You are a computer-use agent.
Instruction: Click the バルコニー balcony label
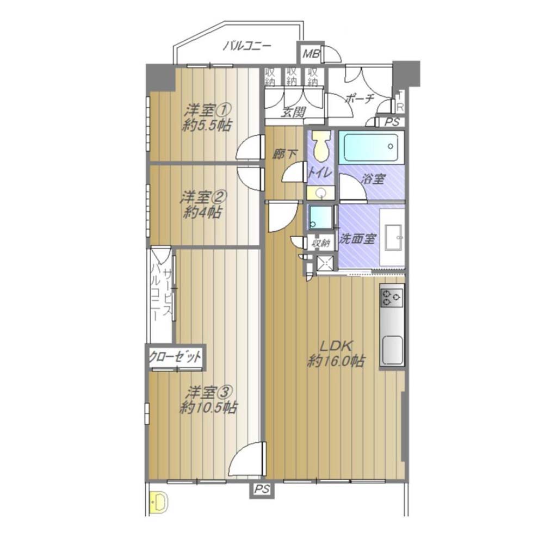coord(247,46)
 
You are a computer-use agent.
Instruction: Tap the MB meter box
coord(311,54)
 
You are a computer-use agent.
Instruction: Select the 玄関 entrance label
coord(293,112)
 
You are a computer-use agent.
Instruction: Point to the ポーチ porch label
coord(360,98)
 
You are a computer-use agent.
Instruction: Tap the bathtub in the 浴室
coord(371,146)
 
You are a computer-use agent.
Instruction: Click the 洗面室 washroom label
coord(357,239)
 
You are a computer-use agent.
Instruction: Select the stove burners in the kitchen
coord(392,298)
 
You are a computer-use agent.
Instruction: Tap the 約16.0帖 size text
coord(336,361)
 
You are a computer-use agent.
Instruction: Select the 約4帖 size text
coord(203,213)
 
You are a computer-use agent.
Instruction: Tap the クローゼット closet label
coord(175,357)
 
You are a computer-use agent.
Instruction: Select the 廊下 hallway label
coord(285,154)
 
